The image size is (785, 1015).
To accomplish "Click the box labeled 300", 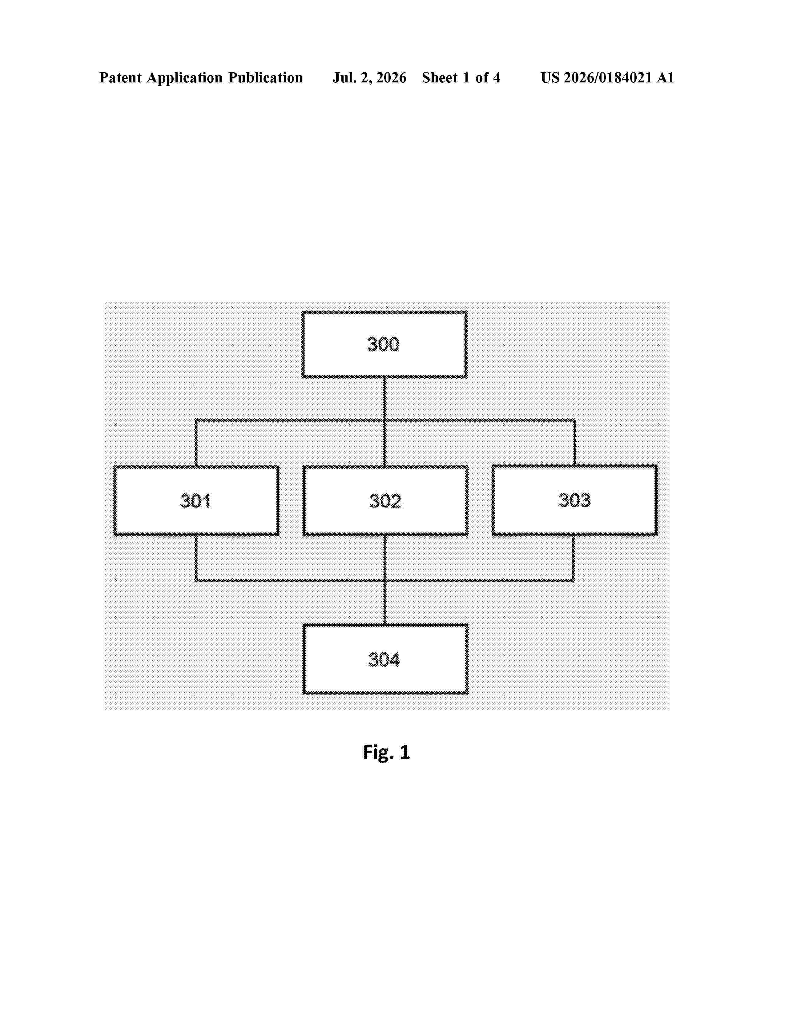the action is tap(384, 344).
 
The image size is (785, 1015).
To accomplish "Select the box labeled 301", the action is tap(196, 500).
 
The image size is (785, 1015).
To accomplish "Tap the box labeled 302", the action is tap(385, 500).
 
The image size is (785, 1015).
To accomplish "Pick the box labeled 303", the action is tap(574, 500).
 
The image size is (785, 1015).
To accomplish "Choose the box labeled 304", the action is tap(385, 659).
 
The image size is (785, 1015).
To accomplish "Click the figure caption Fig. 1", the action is tap(386, 752).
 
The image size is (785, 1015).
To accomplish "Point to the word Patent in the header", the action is tap(120, 78).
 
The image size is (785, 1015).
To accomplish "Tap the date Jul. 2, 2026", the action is tap(369, 78).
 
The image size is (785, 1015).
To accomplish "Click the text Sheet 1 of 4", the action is tap(461, 78).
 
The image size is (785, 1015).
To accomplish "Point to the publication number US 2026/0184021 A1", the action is tap(607, 78).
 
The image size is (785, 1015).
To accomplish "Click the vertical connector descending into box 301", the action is tap(196, 443).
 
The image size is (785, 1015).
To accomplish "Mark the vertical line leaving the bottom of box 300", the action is tap(384, 399).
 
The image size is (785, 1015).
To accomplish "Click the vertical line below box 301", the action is tap(196, 558).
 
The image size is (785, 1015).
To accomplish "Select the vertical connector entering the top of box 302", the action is tap(384, 443).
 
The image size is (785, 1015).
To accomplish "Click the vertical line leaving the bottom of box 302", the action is tap(384, 558).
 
